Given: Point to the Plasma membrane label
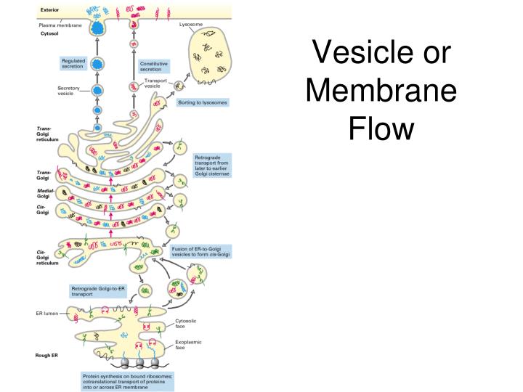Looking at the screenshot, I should point(62,25).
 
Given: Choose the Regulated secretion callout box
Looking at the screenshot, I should point(73,63).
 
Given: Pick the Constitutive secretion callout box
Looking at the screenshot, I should point(157,66).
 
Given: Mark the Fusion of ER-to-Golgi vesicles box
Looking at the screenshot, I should point(200,251).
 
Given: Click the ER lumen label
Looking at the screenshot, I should point(49,314).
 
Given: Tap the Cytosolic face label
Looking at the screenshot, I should point(187,324).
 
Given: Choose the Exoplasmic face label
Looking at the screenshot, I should point(188,343).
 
